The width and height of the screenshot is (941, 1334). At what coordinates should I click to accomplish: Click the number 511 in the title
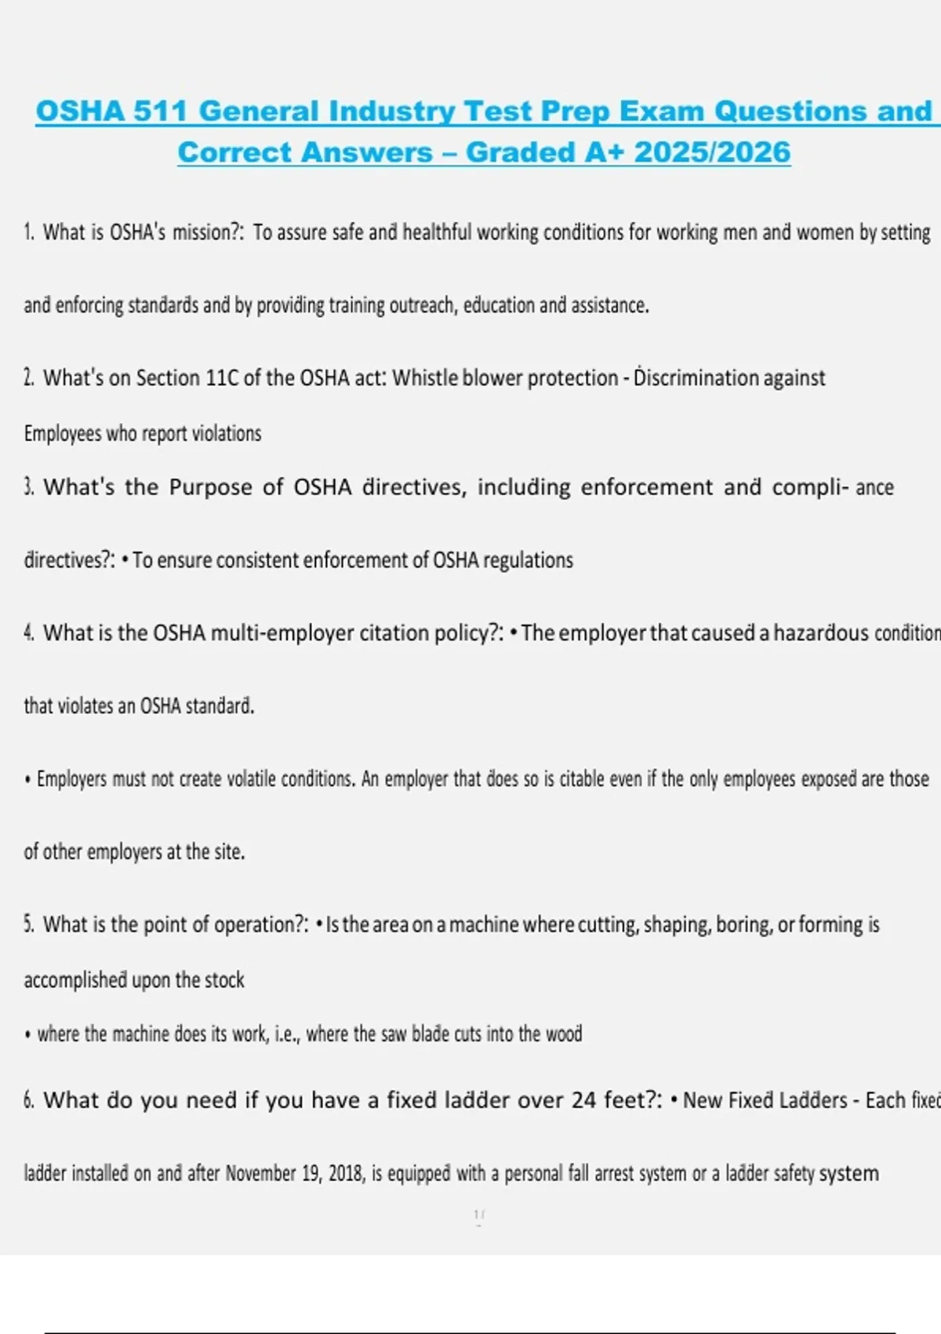coord(161,111)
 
